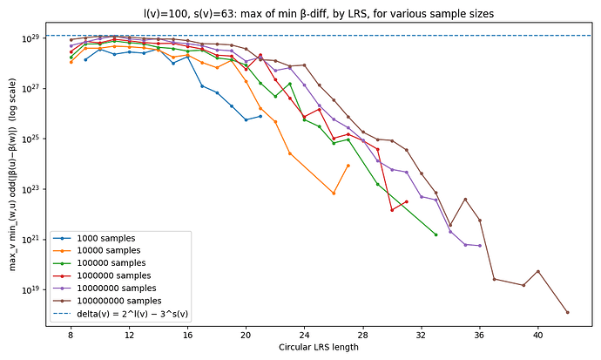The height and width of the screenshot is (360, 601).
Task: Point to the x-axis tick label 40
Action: [x=538, y=333]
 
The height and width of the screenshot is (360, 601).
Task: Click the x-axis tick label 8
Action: [x=71, y=333]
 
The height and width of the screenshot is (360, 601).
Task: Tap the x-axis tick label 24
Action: [x=304, y=333]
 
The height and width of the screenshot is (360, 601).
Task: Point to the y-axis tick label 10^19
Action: [x=31, y=289]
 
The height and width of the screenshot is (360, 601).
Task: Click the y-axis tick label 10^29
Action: [x=31, y=39]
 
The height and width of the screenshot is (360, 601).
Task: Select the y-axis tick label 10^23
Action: [x=31, y=189]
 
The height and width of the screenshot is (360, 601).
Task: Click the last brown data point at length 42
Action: [x=567, y=312]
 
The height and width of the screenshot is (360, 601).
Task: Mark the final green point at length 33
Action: [x=436, y=234]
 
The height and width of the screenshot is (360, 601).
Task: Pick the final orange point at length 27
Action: [x=348, y=165]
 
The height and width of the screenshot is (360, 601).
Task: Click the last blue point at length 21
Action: [x=260, y=116]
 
